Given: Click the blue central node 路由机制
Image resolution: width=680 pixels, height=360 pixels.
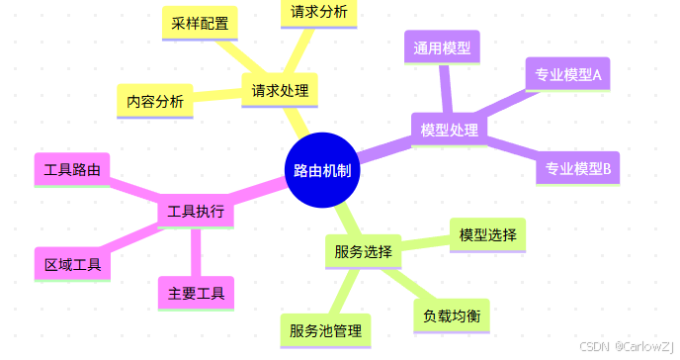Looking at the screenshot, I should tap(321, 170).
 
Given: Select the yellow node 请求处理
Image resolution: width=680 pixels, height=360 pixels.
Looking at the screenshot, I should tap(280, 91).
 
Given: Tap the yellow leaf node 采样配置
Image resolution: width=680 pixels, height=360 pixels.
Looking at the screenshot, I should tap(199, 24).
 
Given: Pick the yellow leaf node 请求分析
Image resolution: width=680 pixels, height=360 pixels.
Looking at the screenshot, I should tap(318, 12).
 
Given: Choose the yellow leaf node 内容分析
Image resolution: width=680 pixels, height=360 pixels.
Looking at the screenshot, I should tap(155, 101).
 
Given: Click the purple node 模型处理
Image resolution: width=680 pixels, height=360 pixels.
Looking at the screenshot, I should tap(449, 130).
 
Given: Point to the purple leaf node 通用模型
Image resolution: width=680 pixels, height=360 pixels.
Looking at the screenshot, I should tap(442, 46).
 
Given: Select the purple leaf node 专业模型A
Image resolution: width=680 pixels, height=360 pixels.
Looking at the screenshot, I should tap(568, 74).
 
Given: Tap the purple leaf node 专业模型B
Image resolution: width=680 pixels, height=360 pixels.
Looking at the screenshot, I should tap(578, 168).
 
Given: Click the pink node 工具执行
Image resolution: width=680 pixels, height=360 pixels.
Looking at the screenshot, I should tap(196, 212).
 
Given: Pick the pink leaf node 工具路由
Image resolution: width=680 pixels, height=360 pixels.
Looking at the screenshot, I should tap(72, 169).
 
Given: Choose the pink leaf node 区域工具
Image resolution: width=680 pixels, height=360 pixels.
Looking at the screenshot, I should tap(72, 264).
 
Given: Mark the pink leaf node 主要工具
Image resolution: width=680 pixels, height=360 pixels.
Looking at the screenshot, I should tap(196, 293).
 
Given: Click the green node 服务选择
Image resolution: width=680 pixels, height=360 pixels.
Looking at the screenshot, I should tap(363, 251).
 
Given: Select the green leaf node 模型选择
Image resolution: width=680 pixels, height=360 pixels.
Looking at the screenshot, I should tap(487, 234).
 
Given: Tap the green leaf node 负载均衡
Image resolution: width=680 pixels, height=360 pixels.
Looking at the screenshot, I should tap(452, 315).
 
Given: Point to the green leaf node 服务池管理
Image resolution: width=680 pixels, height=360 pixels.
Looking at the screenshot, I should tap(325, 329).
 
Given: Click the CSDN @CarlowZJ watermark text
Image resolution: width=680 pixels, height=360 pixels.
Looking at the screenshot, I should tap(625, 348).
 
